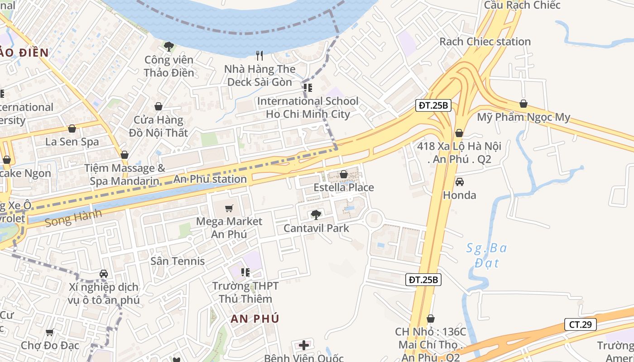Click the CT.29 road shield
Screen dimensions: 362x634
(x=580, y=324)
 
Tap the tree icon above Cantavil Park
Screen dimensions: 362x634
(x=316, y=214)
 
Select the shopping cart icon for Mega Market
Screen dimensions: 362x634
(x=229, y=209)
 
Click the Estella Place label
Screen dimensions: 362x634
(x=344, y=187)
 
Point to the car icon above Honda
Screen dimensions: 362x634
(x=459, y=182)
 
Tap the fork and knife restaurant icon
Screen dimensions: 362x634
(x=259, y=56)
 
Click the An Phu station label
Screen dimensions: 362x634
(x=210, y=179)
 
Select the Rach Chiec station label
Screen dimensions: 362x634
(x=485, y=42)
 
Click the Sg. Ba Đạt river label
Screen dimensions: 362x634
(x=487, y=255)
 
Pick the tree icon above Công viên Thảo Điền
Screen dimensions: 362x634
(x=169, y=46)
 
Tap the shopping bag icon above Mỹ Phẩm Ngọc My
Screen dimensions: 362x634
(x=524, y=104)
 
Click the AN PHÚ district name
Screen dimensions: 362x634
(x=255, y=319)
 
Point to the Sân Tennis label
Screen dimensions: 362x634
(x=178, y=261)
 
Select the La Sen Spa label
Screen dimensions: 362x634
(x=72, y=142)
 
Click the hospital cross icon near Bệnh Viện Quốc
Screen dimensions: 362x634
(x=304, y=345)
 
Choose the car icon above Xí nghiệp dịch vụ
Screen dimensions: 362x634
(x=104, y=274)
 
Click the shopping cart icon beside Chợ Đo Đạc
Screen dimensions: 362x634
(x=50, y=332)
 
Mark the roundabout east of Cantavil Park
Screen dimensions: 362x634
(x=374, y=219)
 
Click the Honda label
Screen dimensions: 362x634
(x=459, y=195)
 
